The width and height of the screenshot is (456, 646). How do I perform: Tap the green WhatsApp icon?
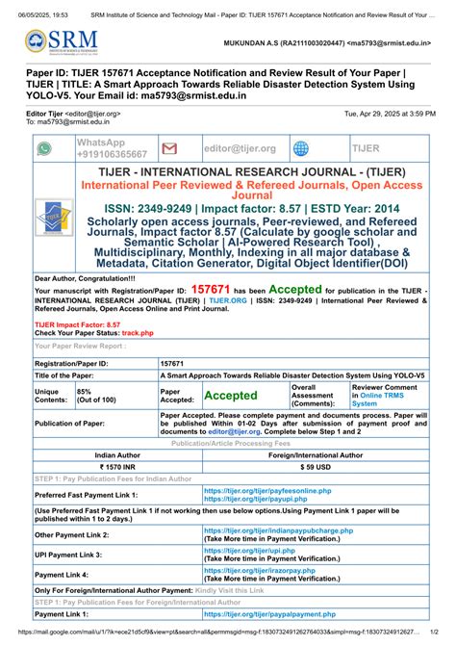pyautogui.click(x=44, y=148)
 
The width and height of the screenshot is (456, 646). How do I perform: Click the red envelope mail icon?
pyautogui.click(x=169, y=148)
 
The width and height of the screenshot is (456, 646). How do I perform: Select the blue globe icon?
pyautogui.click(x=301, y=148)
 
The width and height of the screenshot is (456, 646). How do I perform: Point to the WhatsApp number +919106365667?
pyautogui.click(x=112, y=154)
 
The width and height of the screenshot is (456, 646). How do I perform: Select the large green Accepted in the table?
pyautogui.click(x=231, y=396)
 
